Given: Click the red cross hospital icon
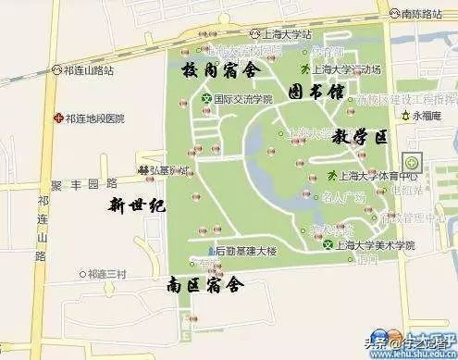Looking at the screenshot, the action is point(57,118).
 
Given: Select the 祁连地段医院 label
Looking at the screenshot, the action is point(93,118).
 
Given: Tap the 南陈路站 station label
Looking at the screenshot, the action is point(427,15).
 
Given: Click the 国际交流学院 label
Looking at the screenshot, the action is point(243,98).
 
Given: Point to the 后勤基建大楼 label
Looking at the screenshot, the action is point(250,250).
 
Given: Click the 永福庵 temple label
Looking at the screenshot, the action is point(428,117).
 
